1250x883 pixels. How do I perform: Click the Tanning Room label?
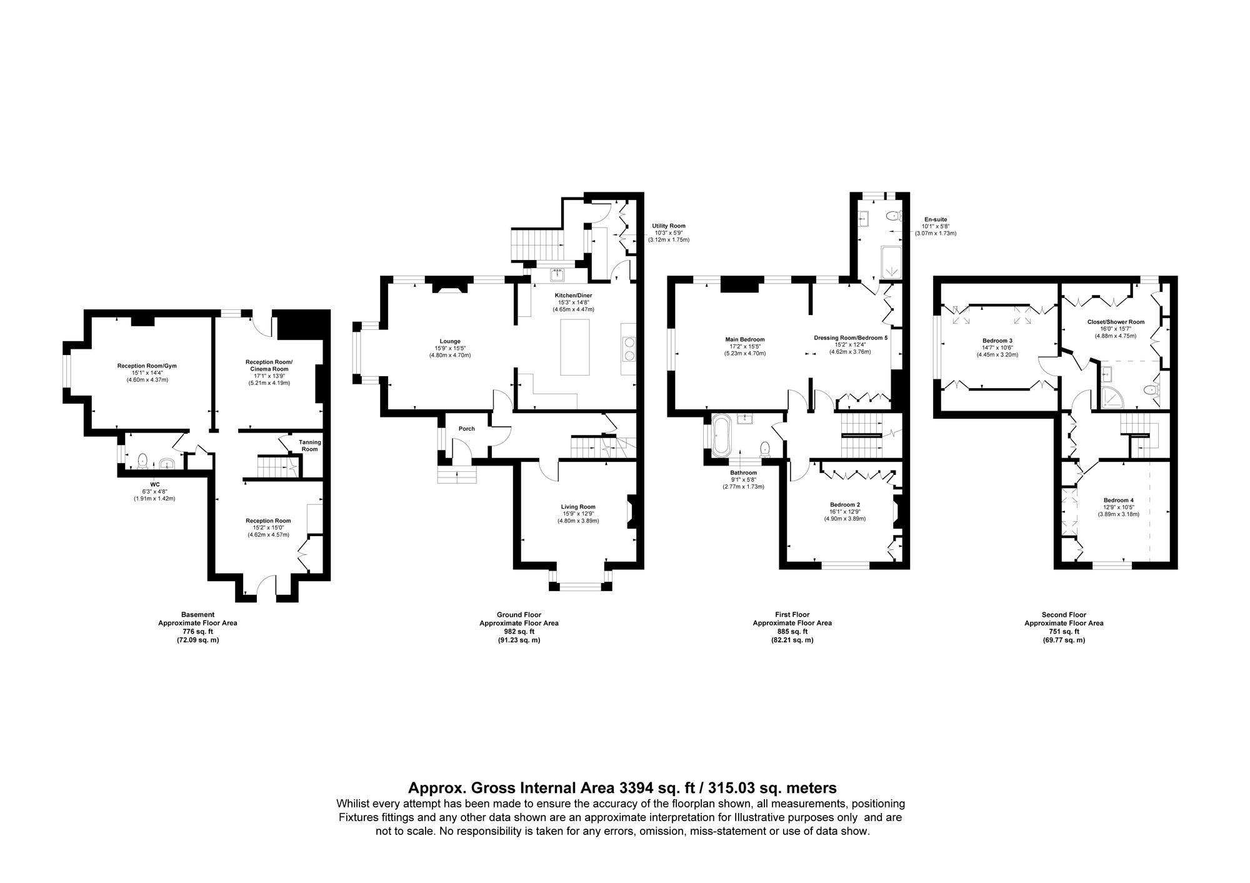(310, 446)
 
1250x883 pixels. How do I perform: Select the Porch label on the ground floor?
(466, 429)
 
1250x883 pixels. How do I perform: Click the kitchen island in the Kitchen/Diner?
(575, 347)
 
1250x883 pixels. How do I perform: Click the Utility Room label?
(668, 226)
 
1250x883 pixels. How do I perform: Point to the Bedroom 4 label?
(1118, 500)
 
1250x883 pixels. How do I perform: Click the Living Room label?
(578, 507)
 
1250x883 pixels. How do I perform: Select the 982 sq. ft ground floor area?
(519, 632)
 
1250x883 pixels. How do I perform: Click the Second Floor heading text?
(1064, 615)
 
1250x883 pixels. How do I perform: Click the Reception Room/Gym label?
(147, 366)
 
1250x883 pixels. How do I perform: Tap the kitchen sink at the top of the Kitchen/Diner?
(557, 274)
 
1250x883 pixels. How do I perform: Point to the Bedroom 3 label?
(997, 341)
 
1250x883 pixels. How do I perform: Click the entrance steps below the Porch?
(457, 476)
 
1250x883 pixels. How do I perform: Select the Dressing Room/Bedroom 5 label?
(850, 337)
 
